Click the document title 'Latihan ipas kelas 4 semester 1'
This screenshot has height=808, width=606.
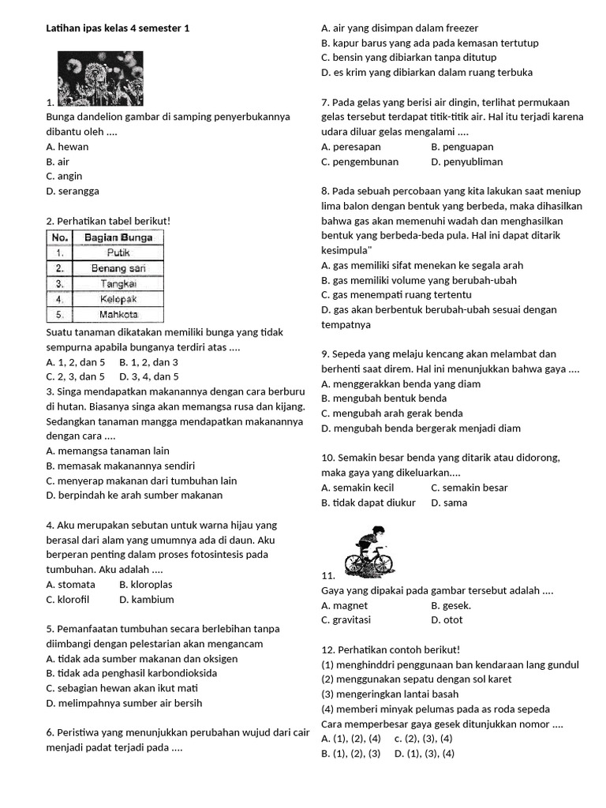pyautogui.click(x=118, y=28)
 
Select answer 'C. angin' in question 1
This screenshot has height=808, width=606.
pyautogui.click(x=64, y=176)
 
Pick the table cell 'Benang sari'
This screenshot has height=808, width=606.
pyautogui.click(x=118, y=268)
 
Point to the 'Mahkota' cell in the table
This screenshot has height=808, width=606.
pyautogui.click(x=118, y=314)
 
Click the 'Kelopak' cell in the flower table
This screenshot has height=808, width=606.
pyautogui.click(x=118, y=299)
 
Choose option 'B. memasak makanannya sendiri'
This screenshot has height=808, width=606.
pyautogui.click(x=121, y=466)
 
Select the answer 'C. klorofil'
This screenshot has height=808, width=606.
pyautogui.click(x=68, y=600)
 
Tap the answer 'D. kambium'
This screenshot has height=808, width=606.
pyautogui.click(x=147, y=600)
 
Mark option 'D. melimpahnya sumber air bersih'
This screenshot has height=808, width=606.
pyautogui.click(x=124, y=703)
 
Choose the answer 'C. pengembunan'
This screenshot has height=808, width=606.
pyautogui.click(x=360, y=162)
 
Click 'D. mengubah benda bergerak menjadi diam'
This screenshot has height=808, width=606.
pyautogui.click(x=421, y=428)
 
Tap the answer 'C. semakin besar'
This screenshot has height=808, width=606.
pyautogui.click(x=469, y=488)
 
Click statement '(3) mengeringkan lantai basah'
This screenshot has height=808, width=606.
pyautogui.click(x=390, y=694)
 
